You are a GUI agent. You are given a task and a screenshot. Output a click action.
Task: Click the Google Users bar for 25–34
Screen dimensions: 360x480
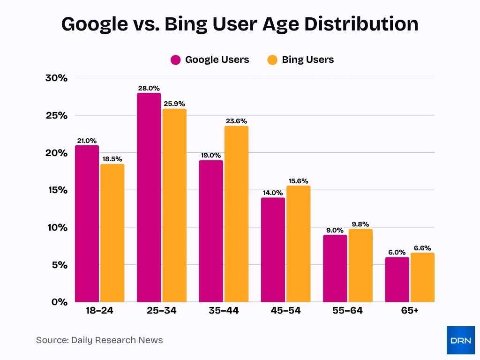[149, 197]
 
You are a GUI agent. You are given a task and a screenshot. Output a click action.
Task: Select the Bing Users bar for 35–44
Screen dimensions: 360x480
[236, 214]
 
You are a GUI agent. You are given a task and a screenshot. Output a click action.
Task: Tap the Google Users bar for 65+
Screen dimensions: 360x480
[397, 279]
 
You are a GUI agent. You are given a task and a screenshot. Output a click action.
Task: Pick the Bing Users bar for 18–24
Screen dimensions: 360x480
[112, 233]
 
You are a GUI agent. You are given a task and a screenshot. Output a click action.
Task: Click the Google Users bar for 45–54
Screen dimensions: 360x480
[273, 250]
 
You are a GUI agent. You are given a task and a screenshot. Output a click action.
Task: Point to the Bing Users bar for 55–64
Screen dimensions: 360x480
[360, 265]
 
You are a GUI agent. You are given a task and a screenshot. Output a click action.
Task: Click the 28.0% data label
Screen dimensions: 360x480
[149, 88]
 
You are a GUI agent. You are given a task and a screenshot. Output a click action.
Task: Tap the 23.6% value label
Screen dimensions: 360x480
[236, 121]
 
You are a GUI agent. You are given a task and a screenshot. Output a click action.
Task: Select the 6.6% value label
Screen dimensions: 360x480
[422, 248]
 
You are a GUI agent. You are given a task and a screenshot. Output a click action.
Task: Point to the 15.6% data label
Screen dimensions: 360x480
[298, 181]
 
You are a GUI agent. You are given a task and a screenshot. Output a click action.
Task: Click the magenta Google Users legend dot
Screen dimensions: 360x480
[176, 60]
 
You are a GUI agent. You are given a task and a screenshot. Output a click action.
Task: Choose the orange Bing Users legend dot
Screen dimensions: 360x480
[272, 60]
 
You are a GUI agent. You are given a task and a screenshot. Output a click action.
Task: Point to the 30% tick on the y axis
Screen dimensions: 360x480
[57, 78]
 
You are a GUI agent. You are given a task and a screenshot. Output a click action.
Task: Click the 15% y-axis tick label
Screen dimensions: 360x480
[57, 190]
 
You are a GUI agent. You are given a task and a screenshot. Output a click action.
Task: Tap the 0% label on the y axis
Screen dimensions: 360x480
[60, 302]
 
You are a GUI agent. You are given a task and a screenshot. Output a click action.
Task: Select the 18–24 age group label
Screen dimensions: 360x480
[99, 311]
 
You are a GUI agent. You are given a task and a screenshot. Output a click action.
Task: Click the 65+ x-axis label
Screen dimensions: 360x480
[409, 311]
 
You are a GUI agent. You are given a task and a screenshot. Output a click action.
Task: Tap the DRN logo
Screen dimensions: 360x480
[460, 340]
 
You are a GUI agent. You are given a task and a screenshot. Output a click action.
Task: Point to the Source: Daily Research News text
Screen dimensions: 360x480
[99, 340]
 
